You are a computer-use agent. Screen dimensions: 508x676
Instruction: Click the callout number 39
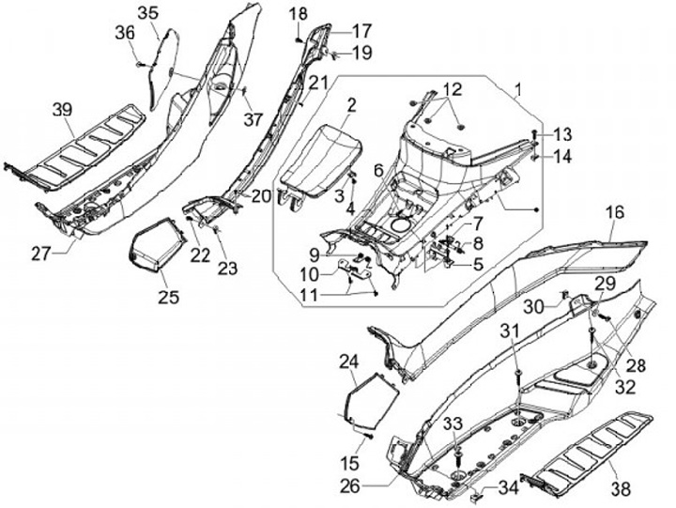62,111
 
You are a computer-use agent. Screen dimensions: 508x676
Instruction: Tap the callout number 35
148,12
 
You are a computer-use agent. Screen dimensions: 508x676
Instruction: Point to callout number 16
614,213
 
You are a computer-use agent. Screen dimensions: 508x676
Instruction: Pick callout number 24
348,361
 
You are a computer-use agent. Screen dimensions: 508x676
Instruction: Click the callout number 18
298,13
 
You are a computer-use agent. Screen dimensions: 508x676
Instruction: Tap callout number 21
320,83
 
